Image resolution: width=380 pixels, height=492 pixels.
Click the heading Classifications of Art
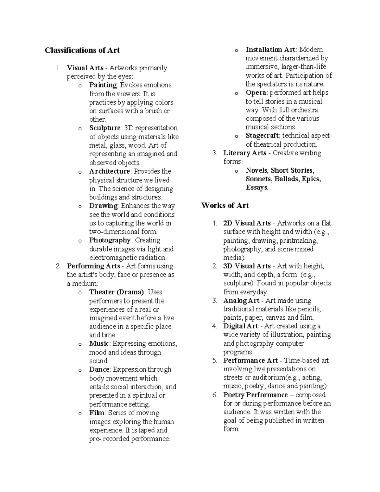[82, 50]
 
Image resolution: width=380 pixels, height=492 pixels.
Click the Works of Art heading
[225, 205]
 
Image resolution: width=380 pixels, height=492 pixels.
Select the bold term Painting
[103, 85]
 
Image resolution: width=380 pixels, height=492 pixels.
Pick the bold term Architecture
[110, 171]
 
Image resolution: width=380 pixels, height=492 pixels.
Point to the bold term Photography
[110, 240]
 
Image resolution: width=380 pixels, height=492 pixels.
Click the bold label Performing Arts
[93, 266]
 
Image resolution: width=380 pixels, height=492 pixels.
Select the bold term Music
[99, 344]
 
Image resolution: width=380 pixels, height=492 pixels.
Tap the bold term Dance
[99, 369]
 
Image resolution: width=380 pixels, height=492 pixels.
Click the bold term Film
[97, 413]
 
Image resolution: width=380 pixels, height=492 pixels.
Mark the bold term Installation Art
[270, 49]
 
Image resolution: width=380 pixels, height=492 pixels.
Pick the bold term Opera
[256, 93]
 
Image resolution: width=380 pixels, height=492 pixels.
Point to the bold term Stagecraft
[262, 136]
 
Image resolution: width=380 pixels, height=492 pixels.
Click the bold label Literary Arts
[245, 153]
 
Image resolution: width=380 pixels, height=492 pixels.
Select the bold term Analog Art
[241, 300]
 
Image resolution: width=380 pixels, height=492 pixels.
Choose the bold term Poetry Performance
[255, 395]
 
